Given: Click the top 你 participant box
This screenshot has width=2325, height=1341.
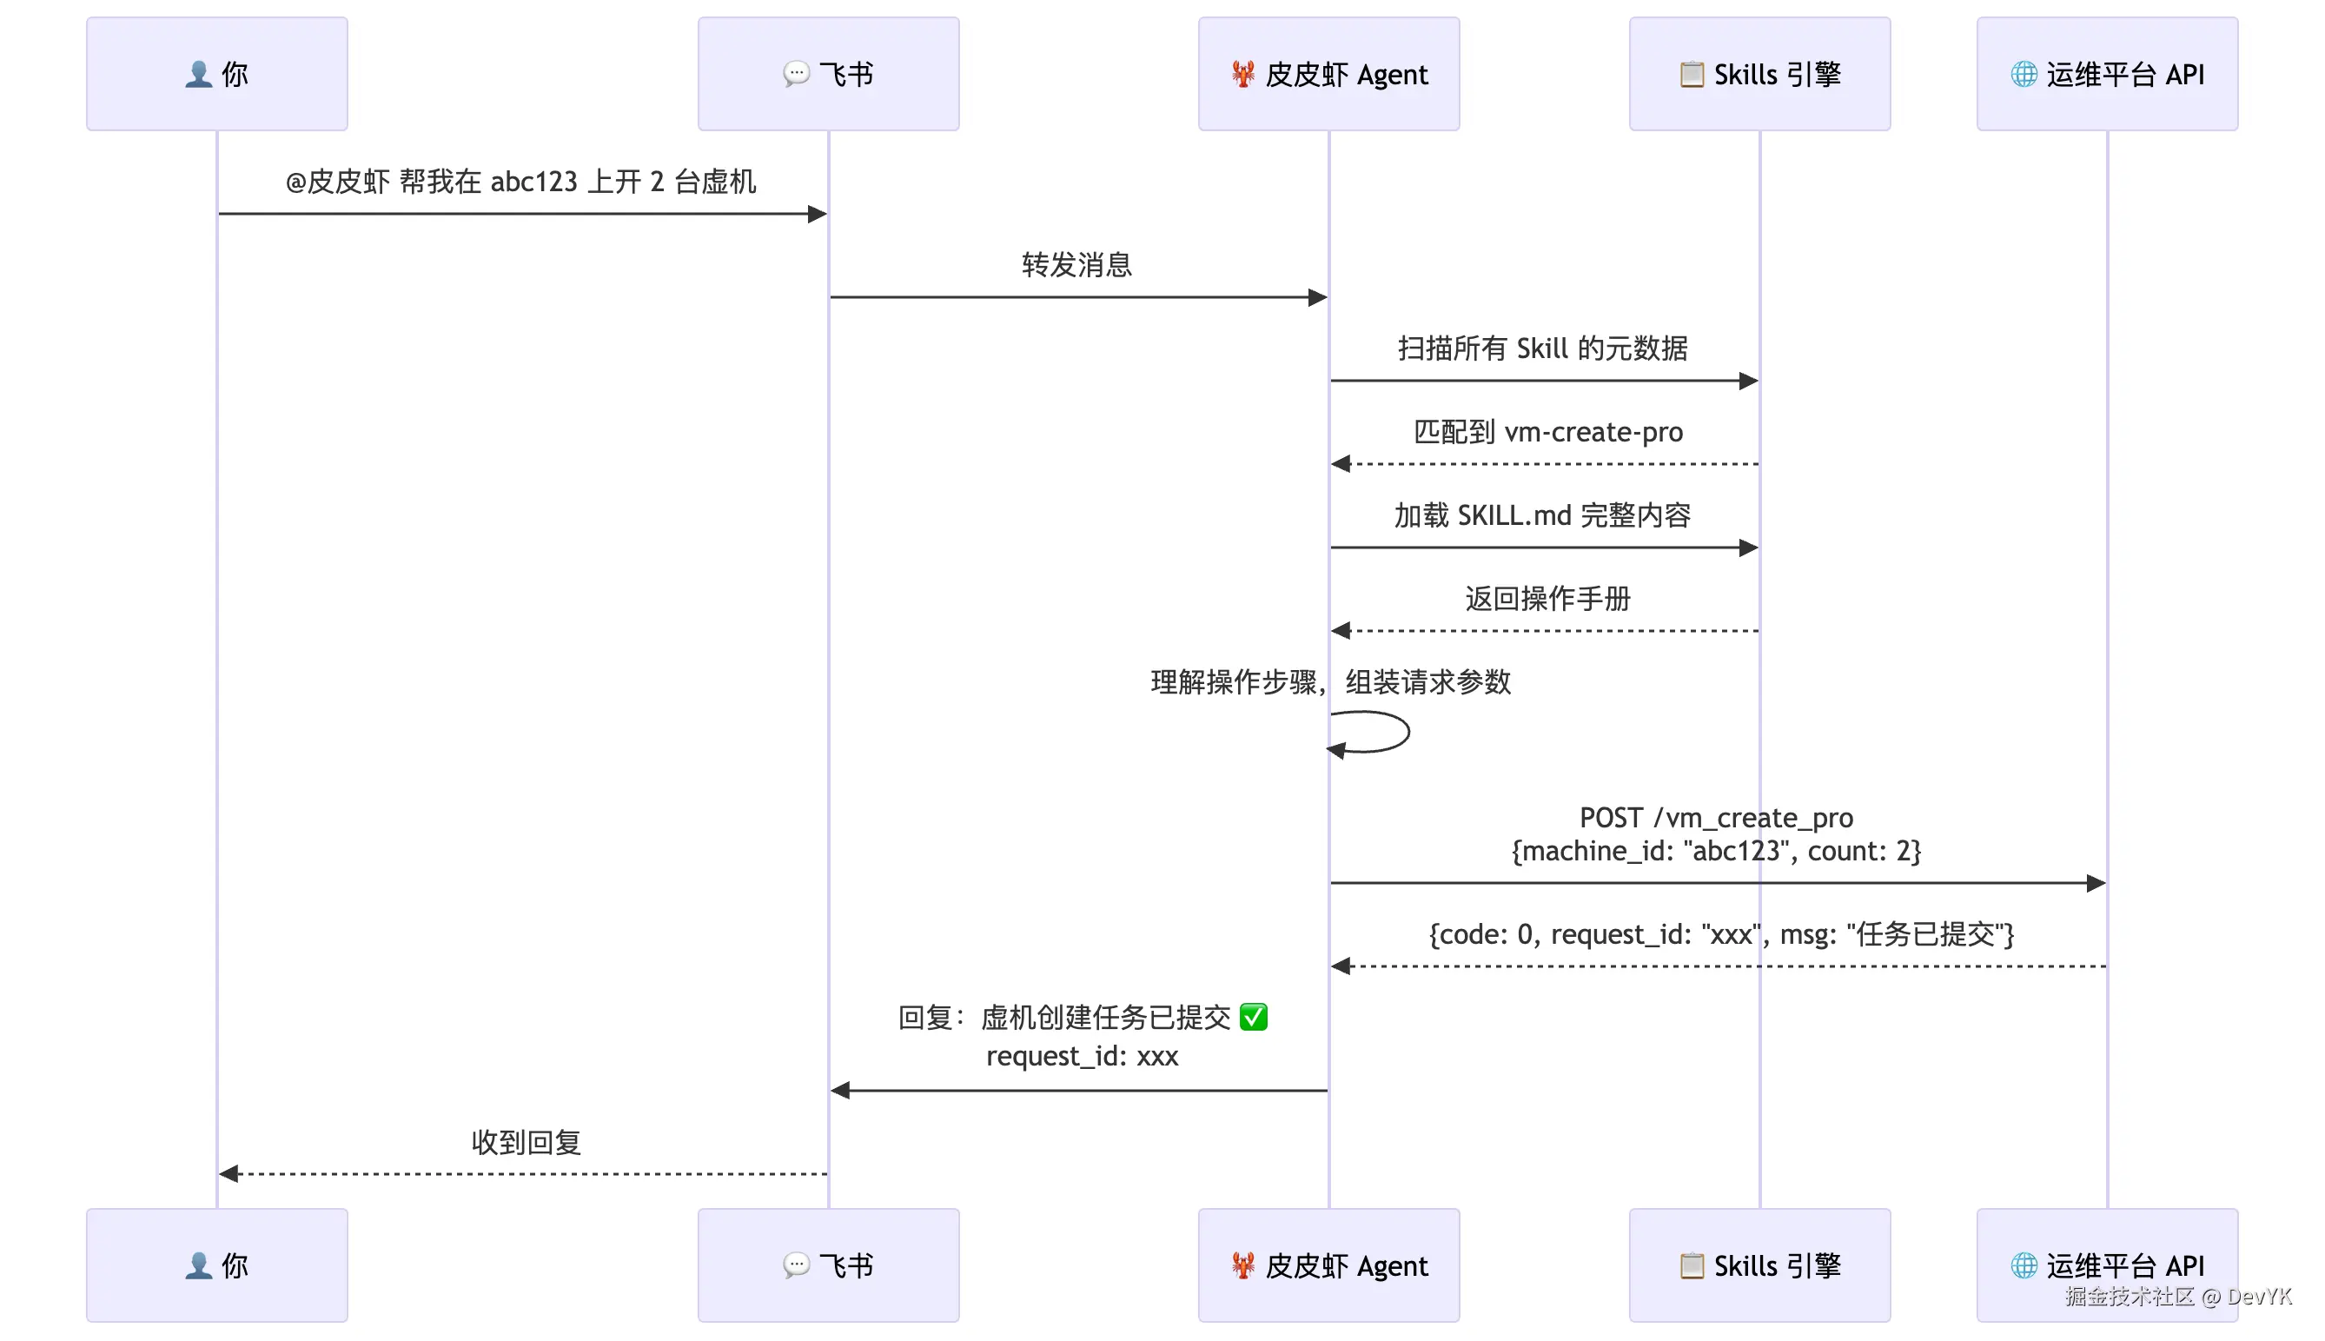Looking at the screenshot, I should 216,74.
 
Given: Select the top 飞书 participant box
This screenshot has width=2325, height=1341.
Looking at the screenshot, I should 828,74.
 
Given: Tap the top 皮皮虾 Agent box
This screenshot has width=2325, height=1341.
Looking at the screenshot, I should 1328,74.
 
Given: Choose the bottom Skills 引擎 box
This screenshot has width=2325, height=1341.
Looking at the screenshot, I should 1759,1265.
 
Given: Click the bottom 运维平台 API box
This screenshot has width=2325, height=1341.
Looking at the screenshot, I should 2106,1265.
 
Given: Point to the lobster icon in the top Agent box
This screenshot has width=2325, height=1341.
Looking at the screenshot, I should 1242,74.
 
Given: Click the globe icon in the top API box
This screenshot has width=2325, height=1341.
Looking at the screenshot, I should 2023,74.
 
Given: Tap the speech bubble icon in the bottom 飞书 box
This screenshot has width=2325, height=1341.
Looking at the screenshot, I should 796,1265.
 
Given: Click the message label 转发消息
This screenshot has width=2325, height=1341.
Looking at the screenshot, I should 1076,265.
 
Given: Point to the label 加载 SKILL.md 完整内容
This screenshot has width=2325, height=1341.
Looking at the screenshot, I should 1542,514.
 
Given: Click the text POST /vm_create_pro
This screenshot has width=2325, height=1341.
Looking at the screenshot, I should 1715,818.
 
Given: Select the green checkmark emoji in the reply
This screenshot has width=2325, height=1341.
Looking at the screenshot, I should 1253,1017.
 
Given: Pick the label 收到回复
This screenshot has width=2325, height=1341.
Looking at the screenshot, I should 526,1142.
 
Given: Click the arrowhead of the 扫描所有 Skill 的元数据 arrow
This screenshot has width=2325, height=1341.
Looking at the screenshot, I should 1748,381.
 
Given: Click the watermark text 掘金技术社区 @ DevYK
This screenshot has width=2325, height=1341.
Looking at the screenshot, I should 2176,1297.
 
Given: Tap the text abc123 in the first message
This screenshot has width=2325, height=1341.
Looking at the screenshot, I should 533,182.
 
